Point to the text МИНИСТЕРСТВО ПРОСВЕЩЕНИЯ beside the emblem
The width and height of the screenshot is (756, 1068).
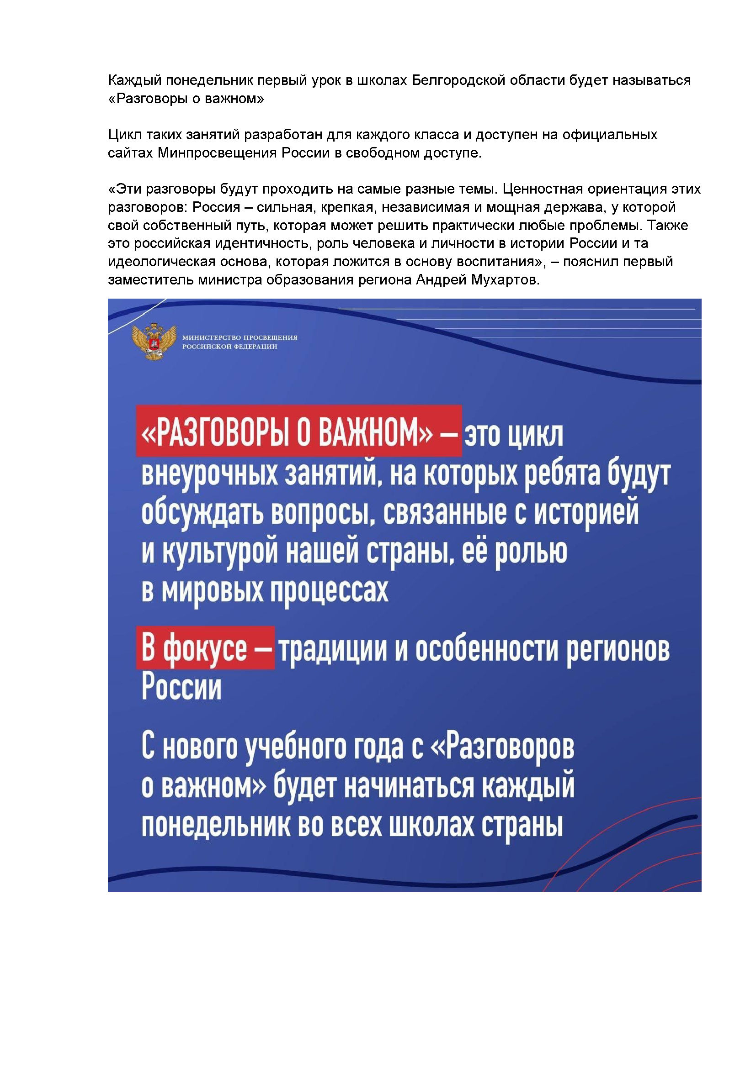pos(240,338)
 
